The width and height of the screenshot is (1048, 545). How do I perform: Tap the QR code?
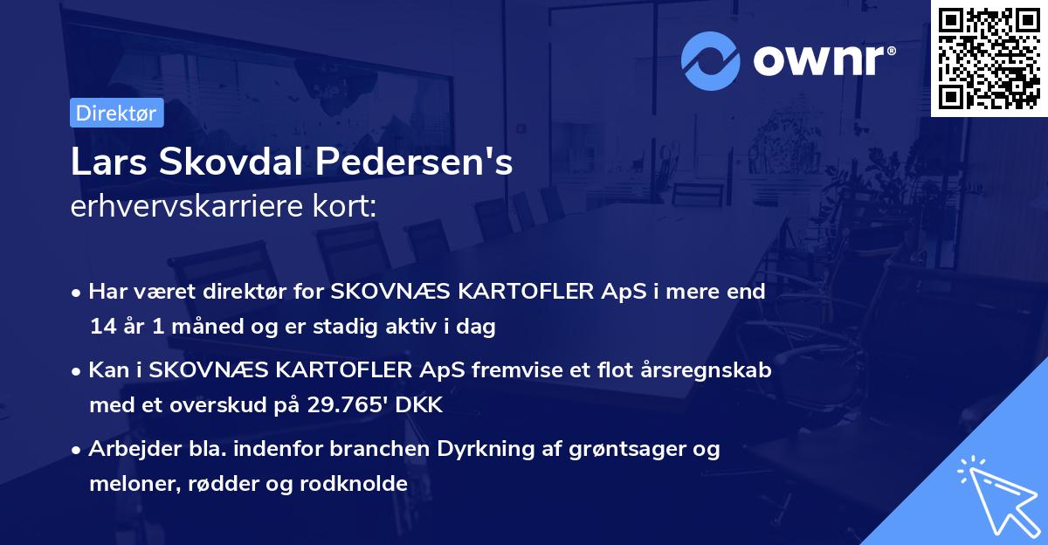click(989, 59)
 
